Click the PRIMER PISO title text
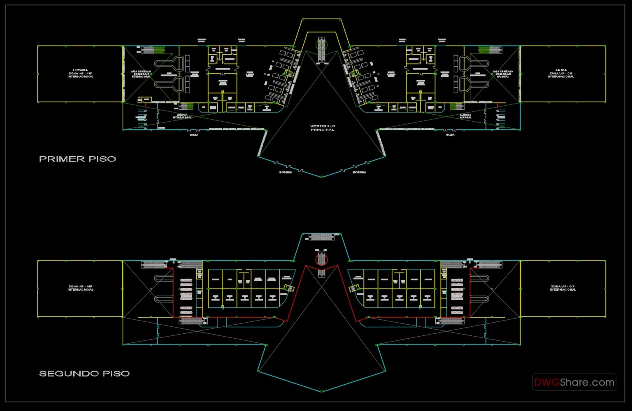[x=77, y=159]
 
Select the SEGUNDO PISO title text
[x=84, y=374]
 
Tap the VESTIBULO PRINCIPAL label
[x=323, y=128]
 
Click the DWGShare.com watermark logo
[x=574, y=382]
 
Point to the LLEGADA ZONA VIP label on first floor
[x=80, y=73]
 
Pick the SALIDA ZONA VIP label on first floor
[x=561, y=73]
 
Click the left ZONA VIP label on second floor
[x=80, y=288]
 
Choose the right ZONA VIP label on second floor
[x=563, y=288]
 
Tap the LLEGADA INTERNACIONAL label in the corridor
[x=182, y=116]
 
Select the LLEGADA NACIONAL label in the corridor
[x=465, y=116]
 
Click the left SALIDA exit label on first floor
[x=194, y=134]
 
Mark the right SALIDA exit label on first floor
[x=450, y=134]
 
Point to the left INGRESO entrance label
[x=285, y=172]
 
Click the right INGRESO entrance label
[x=359, y=172]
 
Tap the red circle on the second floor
[x=321, y=259]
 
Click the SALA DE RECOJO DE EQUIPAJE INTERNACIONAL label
[x=141, y=74]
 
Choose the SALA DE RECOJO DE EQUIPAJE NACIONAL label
[x=502, y=74]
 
